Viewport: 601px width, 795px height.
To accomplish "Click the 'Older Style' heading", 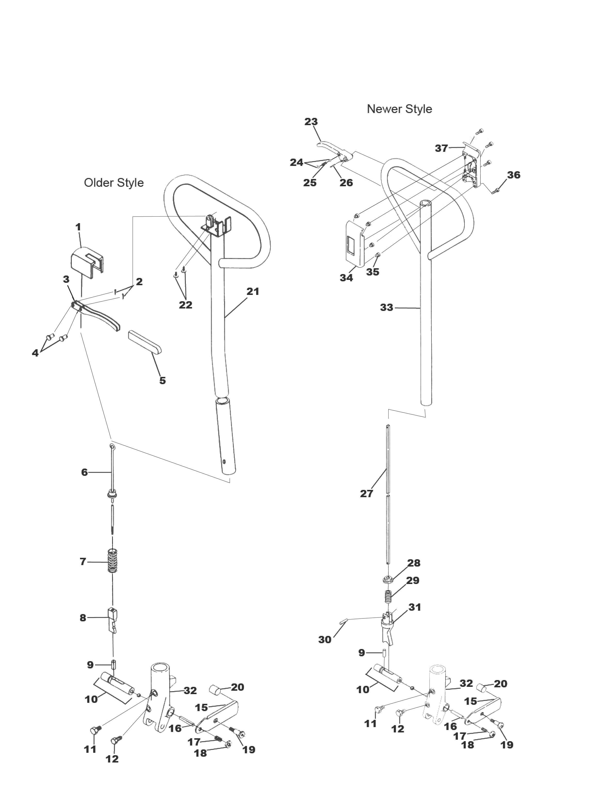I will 114,183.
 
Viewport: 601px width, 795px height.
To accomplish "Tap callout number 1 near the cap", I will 78,227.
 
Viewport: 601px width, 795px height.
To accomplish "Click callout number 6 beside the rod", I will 84,472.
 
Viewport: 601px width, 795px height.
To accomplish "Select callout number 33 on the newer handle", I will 386,308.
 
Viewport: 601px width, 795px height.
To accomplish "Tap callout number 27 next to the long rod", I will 366,494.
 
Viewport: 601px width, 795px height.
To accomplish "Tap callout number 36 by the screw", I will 513,175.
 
